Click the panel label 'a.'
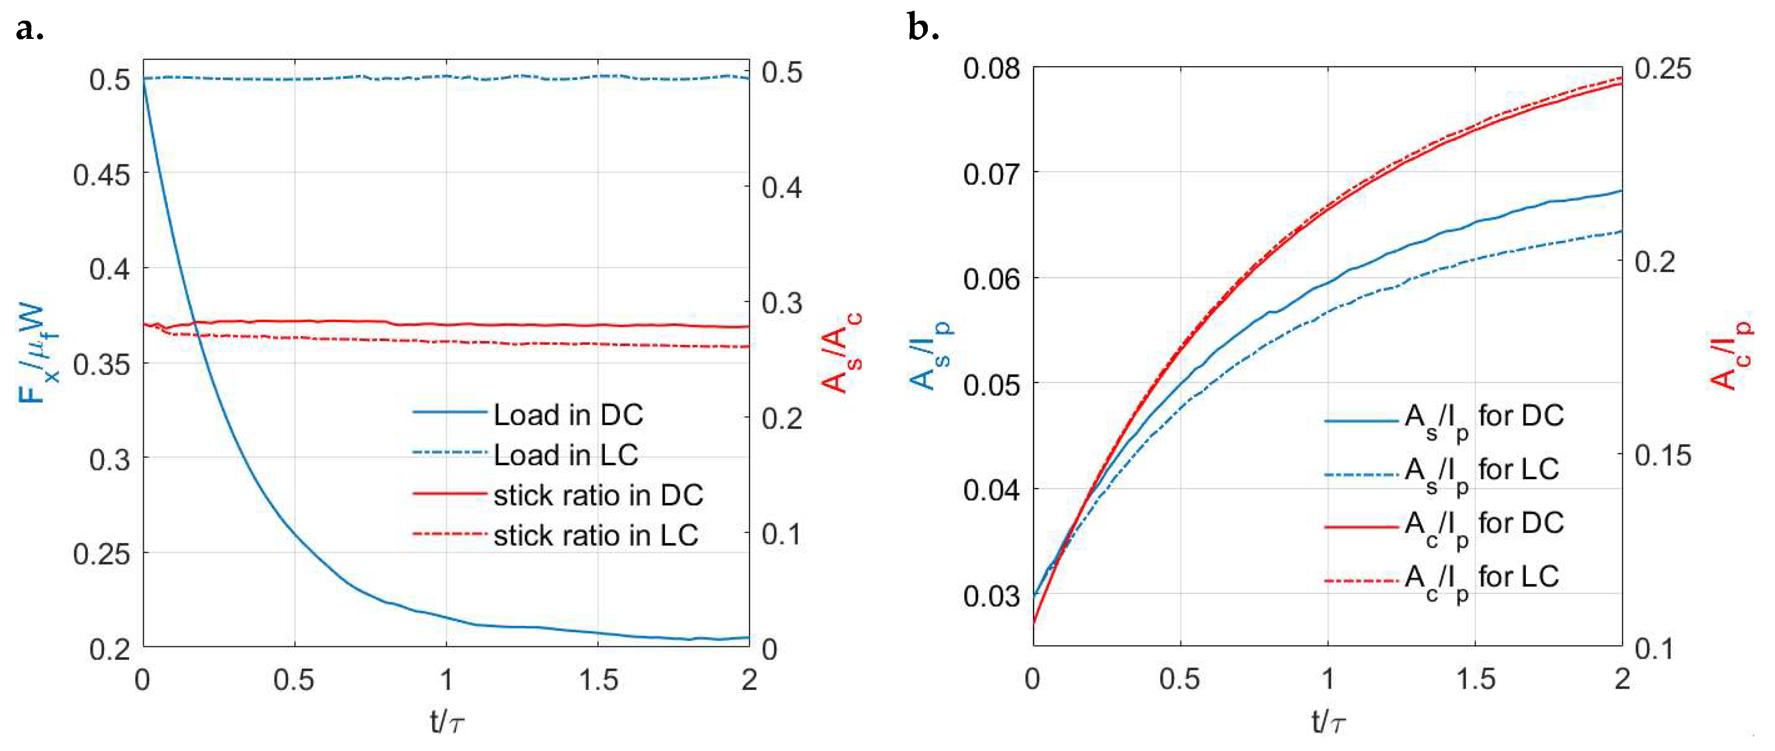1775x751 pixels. (x=30, y=29)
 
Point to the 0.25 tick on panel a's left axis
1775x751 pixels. (x=102, y=554)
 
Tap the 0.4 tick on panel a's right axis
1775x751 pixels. (x=782, y=187)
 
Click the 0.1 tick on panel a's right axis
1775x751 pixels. (x=782, y=534)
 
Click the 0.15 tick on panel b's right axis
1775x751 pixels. (x=1662, y=455)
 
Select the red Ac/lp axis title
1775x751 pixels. (x=1730, y=354)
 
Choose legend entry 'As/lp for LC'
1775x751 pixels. (x=1482, y=471)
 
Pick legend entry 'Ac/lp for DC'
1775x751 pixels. (x=1484, y=525)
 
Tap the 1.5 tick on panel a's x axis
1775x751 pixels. (x=598, y=681)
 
